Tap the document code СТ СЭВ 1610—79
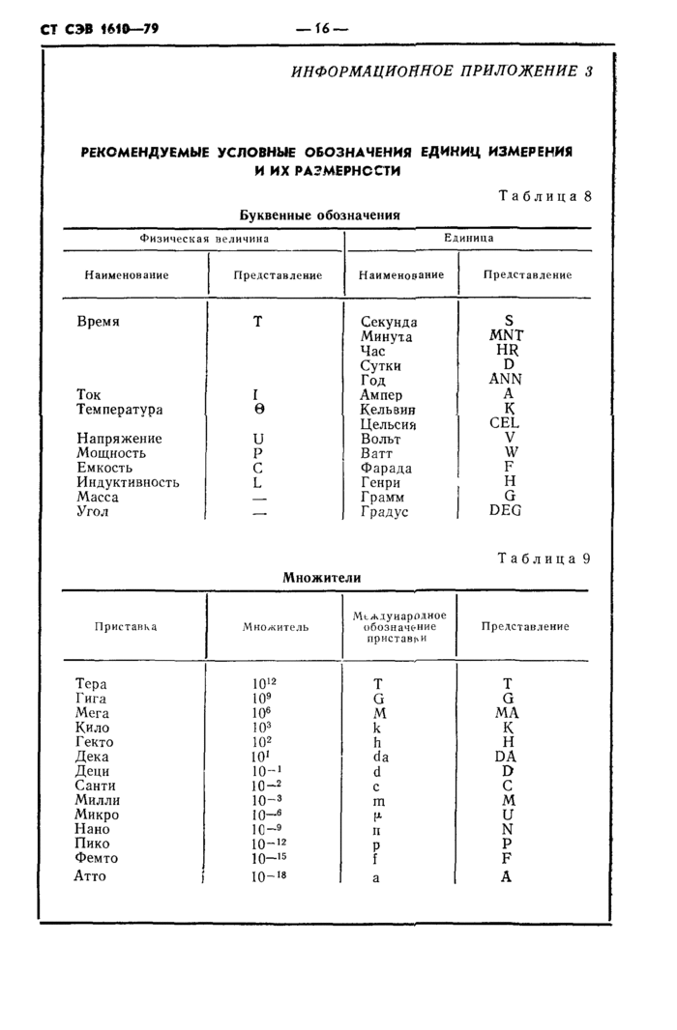coord(100,29)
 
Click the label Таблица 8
coord(544,196)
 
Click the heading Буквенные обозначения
coord(319,215)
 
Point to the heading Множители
coord(322,577)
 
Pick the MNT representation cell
coord(506,336)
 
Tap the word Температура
coord(120,410)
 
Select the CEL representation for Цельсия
coord(504,423)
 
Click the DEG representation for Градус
coord(505,511)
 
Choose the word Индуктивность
coord(128,482)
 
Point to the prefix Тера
coord(91,684)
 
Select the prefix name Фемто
coord(96,857)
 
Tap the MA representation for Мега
coord(507,713)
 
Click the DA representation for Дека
coord(506,757)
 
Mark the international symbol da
coord(380,757)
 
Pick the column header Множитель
coord(276,627)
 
